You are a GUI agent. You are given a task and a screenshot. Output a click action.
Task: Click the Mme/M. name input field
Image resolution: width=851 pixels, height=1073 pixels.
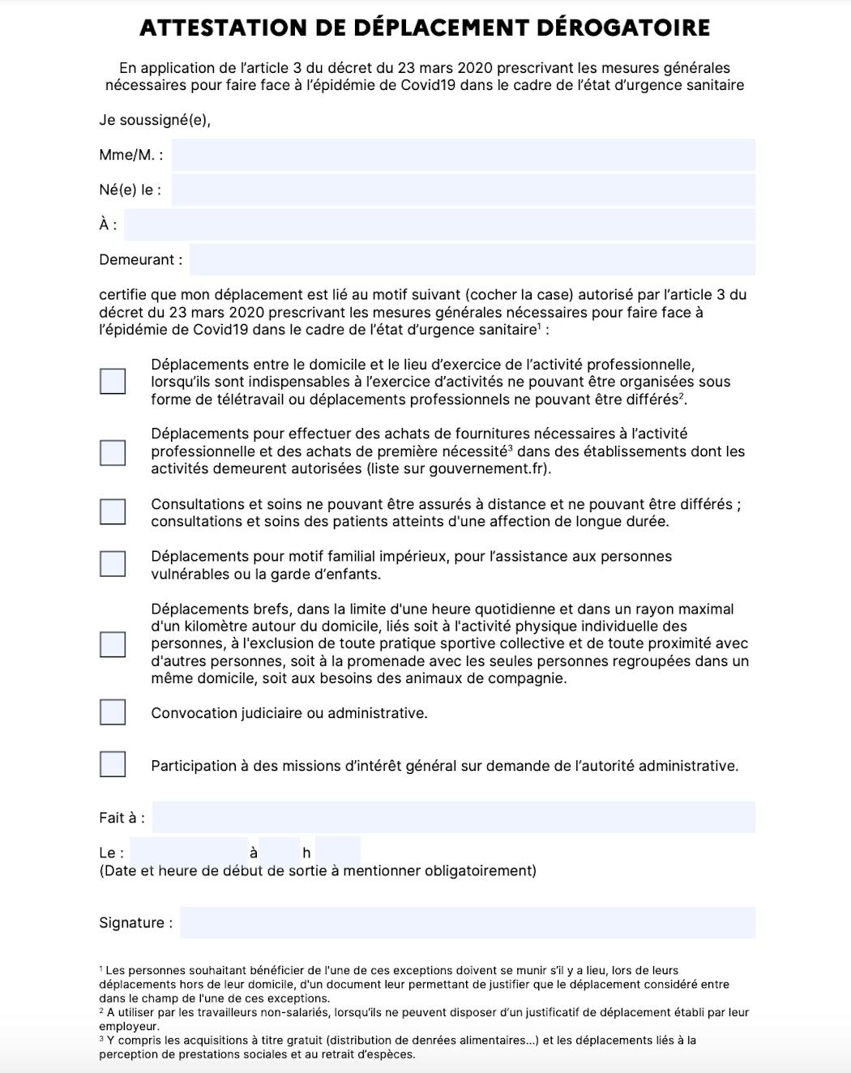pos(463,155)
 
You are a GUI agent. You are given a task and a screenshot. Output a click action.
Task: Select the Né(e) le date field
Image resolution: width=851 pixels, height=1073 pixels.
pos(463,190)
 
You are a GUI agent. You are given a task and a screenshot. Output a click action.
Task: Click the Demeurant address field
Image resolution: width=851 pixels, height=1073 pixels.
pos(472,260)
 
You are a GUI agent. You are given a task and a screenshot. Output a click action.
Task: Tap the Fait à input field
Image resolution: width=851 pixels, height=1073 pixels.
pos(453,817)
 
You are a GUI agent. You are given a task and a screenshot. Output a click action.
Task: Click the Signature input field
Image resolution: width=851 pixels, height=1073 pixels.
pos(467,922)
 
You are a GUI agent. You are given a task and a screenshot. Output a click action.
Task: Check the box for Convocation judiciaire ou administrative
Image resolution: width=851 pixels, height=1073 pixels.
pos(113,712)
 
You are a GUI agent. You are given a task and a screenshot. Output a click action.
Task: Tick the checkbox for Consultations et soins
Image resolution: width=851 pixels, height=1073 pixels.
pos(113,511)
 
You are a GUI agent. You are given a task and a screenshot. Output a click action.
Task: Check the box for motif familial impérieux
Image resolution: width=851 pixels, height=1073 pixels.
pos(113,564)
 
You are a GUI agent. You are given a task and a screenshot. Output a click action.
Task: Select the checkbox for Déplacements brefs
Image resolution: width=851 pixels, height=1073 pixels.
pos(113,644)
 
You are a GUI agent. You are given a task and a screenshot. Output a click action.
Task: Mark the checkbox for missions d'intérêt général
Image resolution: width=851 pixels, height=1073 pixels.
pos(113,764)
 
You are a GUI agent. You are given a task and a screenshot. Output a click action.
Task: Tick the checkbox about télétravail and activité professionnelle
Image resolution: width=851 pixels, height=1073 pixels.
pos(113,381)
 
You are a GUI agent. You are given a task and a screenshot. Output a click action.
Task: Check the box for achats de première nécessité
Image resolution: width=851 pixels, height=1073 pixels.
pos(113,452)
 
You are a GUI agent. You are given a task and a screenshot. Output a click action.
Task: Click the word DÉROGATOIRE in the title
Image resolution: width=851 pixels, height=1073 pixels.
pos(623,28)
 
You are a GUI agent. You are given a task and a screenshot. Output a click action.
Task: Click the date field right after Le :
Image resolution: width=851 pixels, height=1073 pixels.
pos(188,852)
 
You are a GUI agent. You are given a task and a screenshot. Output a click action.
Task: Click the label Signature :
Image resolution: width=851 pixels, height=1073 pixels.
pos(135,923)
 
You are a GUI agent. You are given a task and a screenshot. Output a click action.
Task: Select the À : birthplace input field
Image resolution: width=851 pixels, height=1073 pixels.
pos(439,224)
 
